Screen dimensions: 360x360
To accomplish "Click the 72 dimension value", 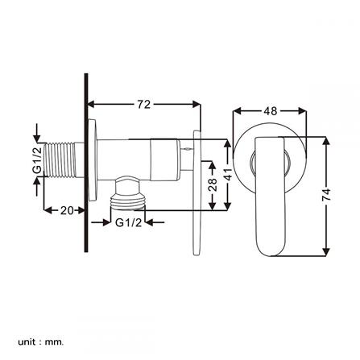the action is (144, 105).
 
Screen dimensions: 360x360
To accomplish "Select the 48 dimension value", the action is (270, 111).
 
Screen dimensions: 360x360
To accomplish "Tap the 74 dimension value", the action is (326, 195).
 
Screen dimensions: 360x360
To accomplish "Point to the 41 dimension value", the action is (227, 175).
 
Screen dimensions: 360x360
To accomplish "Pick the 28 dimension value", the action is (213, 184).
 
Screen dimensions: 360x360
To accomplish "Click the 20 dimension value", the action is (67, 210).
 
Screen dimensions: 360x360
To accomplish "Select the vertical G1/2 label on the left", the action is (37, 159).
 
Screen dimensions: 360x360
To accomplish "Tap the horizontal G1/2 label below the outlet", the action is (128, 222).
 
